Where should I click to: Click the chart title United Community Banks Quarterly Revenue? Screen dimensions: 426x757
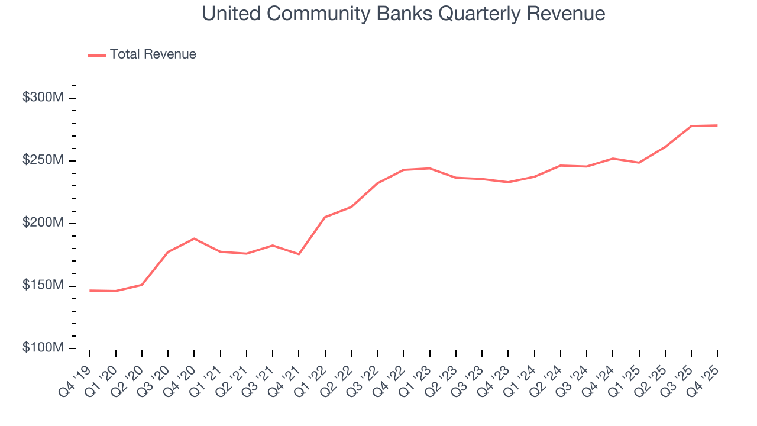pyautogui.click(x=403, y=14)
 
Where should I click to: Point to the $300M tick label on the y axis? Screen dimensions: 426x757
pyautogui.click(x=43, y=98)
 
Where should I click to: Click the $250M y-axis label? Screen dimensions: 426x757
pyautogui.click(x=43, y=160)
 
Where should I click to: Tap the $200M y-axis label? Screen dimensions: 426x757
pyautogui.click(x=43, y=223)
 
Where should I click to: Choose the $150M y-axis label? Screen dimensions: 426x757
pyautogui.click(x=43, y=286)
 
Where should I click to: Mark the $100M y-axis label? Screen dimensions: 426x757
pyautogui.click(x=43, y=348)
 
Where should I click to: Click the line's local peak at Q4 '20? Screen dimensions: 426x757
pyautogui.click(x=194, y=238)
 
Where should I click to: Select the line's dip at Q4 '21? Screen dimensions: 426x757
pyautogui.click(x=299, y=254)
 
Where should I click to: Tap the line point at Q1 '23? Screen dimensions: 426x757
pyautogui.click(x=429, y=168)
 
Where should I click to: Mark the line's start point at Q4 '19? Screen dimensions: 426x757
pyautogui.click(x=90, y=291)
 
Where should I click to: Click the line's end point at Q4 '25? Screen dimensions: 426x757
pyautogui.click(x=717, y=125)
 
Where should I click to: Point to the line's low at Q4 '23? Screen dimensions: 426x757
pyautogui.click(x=508, y=182)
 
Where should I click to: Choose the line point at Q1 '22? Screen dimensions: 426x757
pyautogui.click(x=325, y=217)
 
